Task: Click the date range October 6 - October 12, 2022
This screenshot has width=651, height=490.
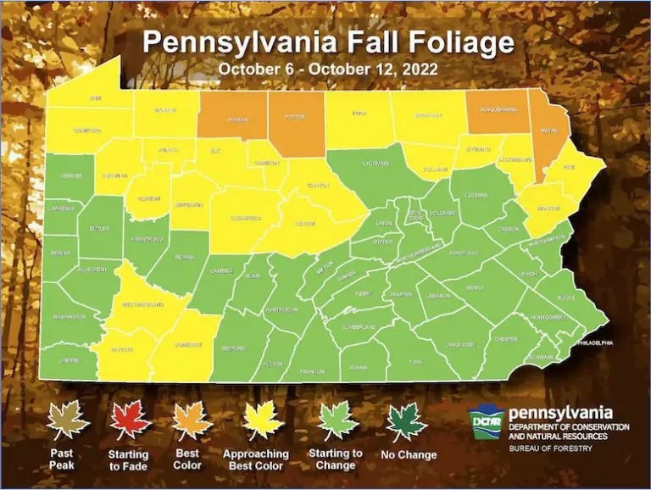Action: click(x=325, y=68)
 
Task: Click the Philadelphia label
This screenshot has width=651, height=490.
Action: click(x=593, y=342)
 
